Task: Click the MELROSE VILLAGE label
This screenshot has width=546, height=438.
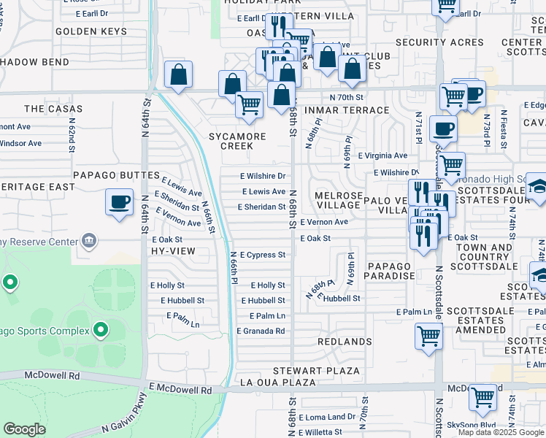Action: (x=337, y=201)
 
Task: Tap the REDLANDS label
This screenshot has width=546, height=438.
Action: (x=345, y=342)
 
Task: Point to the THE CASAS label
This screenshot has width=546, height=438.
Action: (x=53, y=109)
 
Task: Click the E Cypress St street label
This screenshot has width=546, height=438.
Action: (x=262, y=255)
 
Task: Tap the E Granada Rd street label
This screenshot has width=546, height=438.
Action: (x=260, y=331)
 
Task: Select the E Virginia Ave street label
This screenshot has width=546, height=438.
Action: (x=382, y=155)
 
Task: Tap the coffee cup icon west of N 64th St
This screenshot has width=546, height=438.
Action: (x=119, y=201)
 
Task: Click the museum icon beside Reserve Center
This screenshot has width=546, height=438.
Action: (x=89, y=239)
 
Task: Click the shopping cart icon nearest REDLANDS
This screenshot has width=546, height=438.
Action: (x=428, y=337)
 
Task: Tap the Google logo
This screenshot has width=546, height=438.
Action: (x=25, y=429)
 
